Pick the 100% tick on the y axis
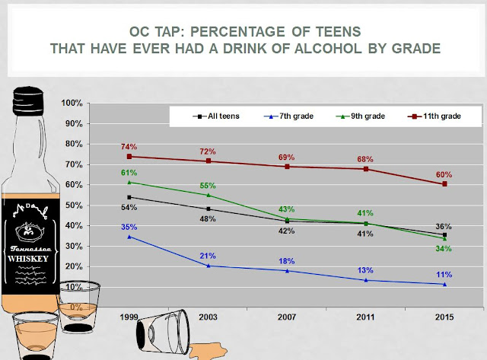pos(73,103)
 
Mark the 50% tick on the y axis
pos(75,205)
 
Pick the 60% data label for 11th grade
pos(444,174)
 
